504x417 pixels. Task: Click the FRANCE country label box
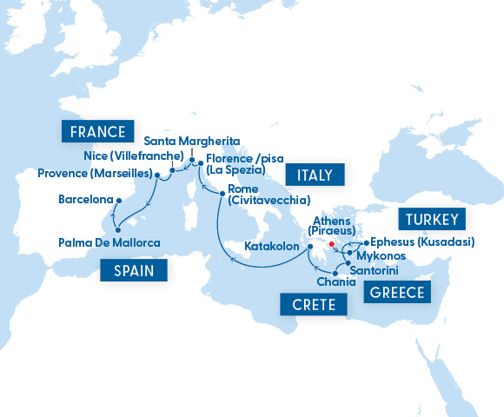[96, 131]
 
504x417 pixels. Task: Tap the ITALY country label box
[315, 175]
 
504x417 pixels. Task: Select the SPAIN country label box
[133, 270]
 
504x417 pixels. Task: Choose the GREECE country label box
[397, 293]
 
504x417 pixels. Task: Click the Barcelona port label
[85, 199]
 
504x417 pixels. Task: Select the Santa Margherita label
[191, 141]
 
